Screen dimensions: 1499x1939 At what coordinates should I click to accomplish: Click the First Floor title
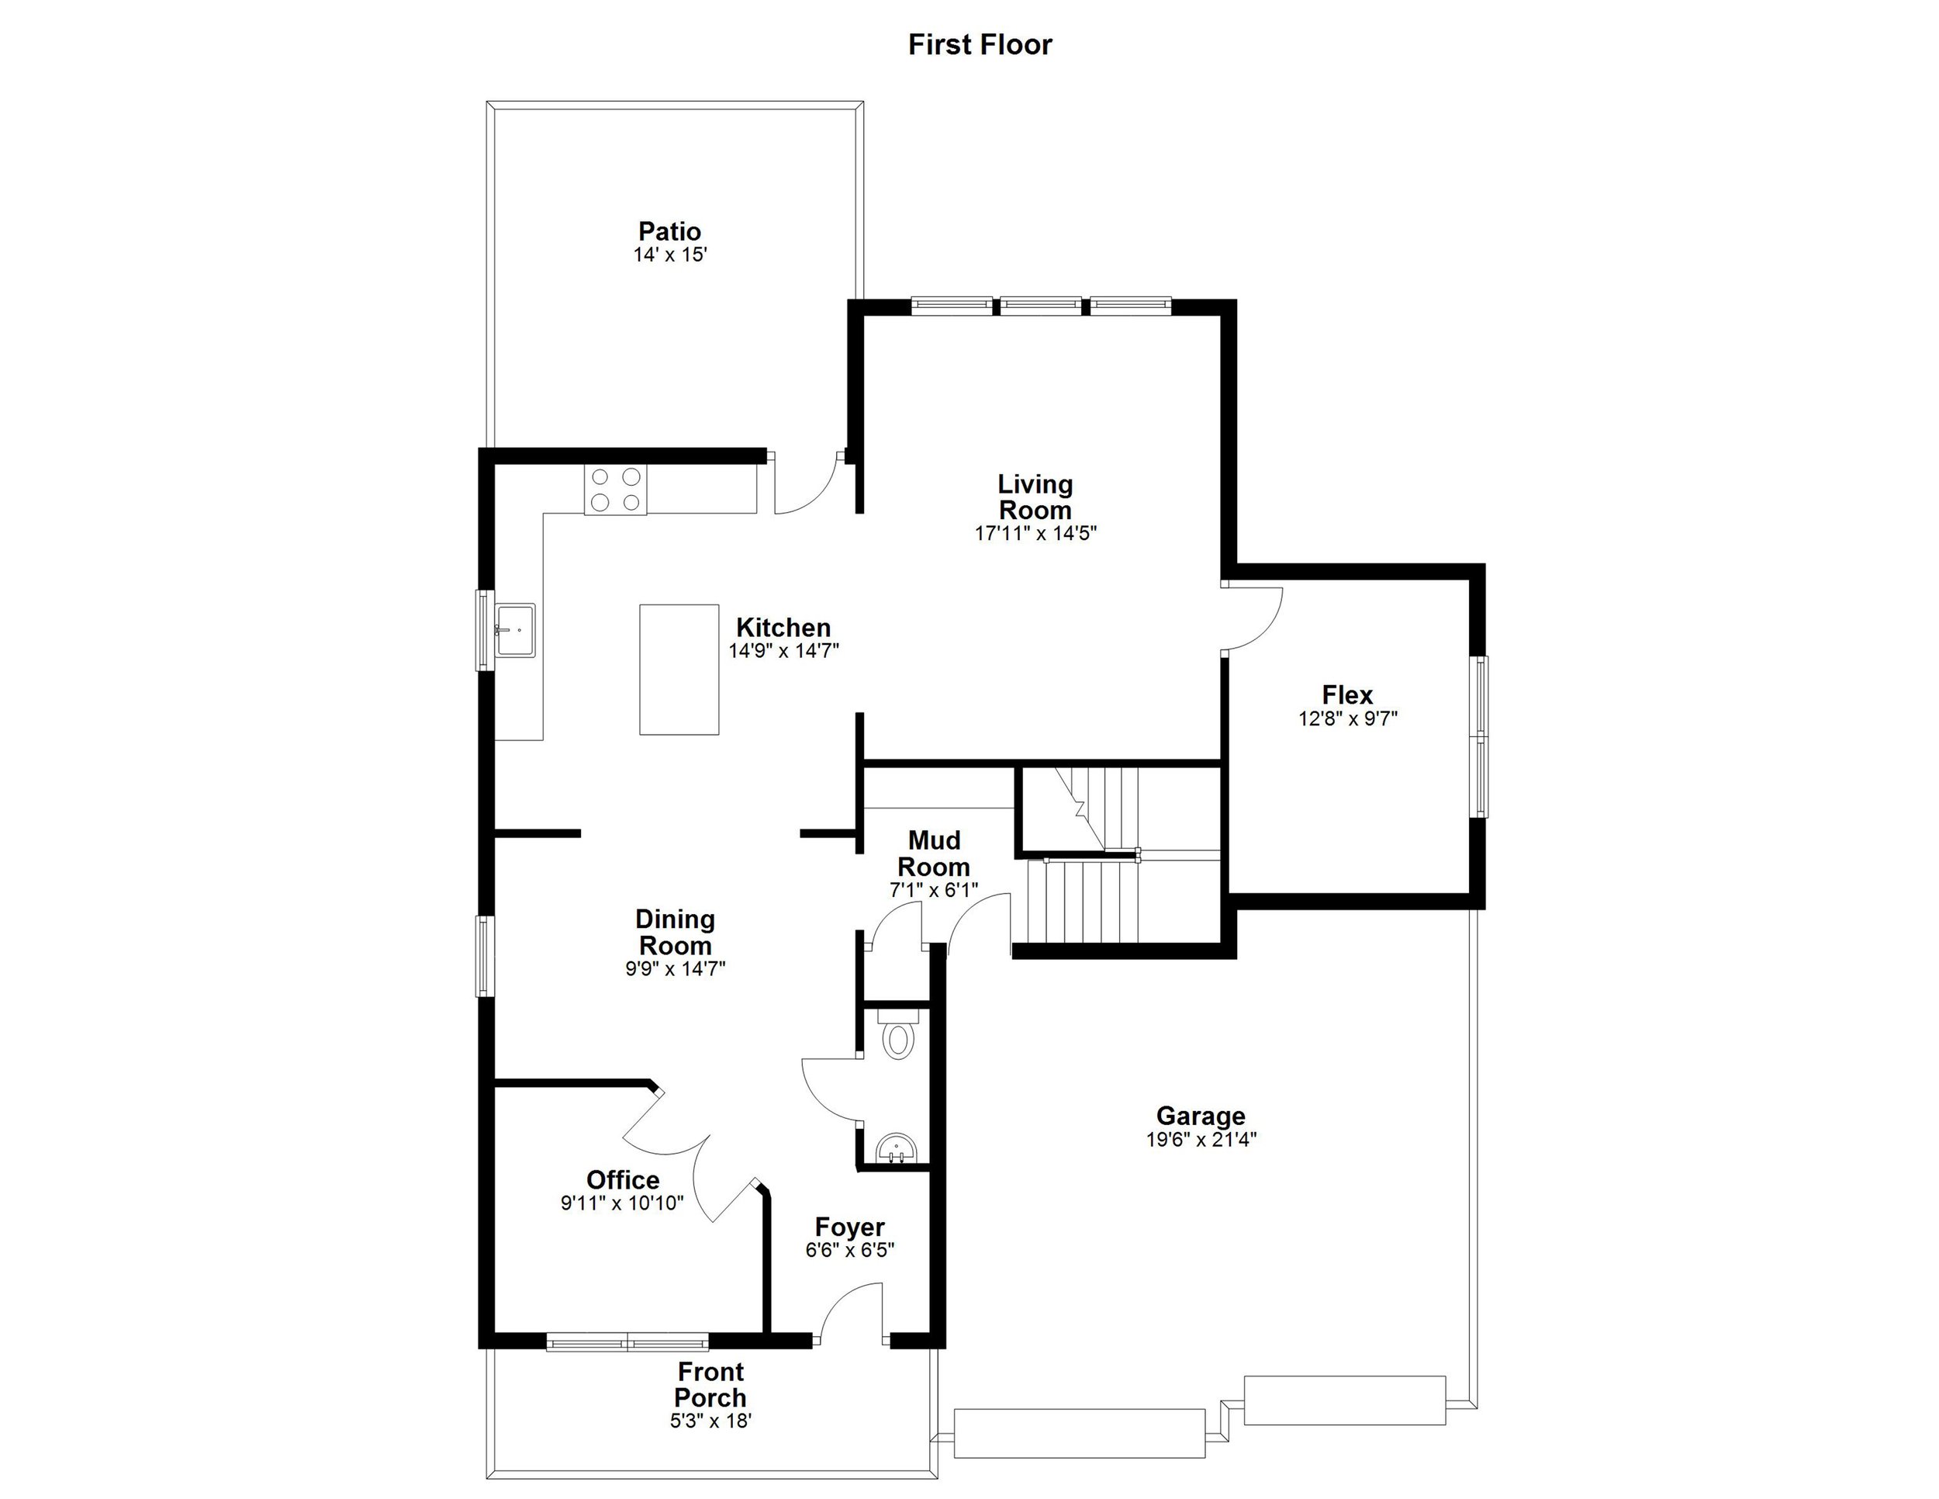(980, 44)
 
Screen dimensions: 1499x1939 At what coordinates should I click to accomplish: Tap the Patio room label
(669, 232)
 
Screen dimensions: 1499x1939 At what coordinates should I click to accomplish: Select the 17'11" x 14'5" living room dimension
(1035, 534)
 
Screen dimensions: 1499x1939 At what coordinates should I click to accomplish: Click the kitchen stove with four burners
(615, 490)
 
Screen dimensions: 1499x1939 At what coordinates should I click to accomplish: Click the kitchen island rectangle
(679, 670)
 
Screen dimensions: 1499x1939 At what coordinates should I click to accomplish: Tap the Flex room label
(1346, 694)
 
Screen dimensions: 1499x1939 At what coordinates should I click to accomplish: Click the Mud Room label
(934, 853)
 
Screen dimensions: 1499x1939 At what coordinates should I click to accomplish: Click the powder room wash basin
(897, 1150)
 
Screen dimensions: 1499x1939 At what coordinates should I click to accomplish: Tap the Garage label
(1201, 1116)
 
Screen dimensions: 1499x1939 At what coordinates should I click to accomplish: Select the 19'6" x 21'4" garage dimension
(1201, 1139)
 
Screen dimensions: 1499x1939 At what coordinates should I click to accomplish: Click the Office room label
(622, 1180)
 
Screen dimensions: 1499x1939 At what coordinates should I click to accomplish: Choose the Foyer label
(849, 1227)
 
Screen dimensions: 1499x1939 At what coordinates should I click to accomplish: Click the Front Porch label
(710, 1384)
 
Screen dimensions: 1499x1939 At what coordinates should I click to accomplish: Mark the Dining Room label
(675, 933)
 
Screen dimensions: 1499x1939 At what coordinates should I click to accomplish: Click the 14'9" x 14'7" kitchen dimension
(783, 651)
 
